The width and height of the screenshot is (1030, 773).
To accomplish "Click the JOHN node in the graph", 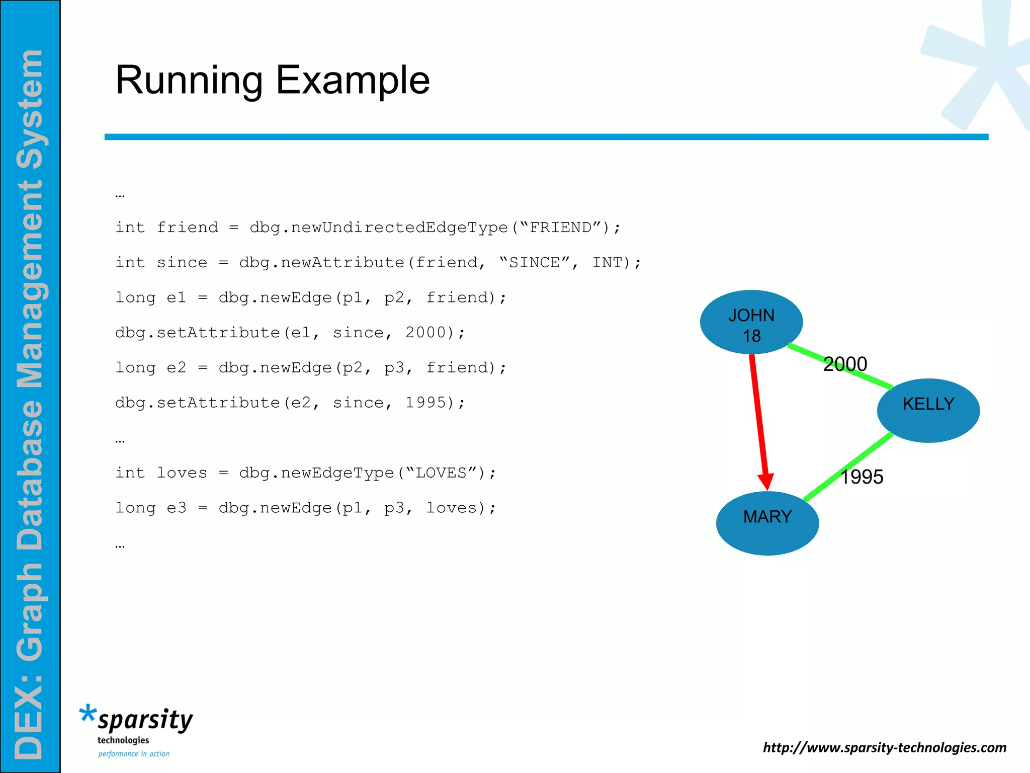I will [x=751, y=322].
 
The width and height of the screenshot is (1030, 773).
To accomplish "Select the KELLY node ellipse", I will [x=928, y=411].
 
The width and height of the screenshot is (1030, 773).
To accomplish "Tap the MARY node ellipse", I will [x=767, y=523].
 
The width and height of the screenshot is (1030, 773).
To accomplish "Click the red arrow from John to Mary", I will [x=759, y=418].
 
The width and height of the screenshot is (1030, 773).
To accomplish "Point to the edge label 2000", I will [x=845, y=364].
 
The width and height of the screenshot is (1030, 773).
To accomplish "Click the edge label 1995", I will [x=862, y=477].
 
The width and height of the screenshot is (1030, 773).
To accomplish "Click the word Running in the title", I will [x=189, y=81].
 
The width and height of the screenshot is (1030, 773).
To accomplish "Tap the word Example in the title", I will [x=353, y=81].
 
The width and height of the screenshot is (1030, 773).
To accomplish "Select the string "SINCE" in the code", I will [x=535, y=263].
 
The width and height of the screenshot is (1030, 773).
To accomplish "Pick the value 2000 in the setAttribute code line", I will [x=426, y=333].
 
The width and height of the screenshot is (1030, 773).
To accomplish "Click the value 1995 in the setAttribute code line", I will [x=426, y=403].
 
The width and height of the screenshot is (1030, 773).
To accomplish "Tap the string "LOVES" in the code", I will [x=441, y=473].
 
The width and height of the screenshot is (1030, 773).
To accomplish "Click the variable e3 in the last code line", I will [x=176, y=508].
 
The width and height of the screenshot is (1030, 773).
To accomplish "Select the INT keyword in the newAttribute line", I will [x=607, y=263].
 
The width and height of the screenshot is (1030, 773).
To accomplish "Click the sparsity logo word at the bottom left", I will [x=145, y=720].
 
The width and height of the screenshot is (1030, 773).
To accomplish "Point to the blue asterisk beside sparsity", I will [x=88, y=713].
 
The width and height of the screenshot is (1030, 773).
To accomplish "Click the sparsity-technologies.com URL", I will [x=884, y=747].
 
